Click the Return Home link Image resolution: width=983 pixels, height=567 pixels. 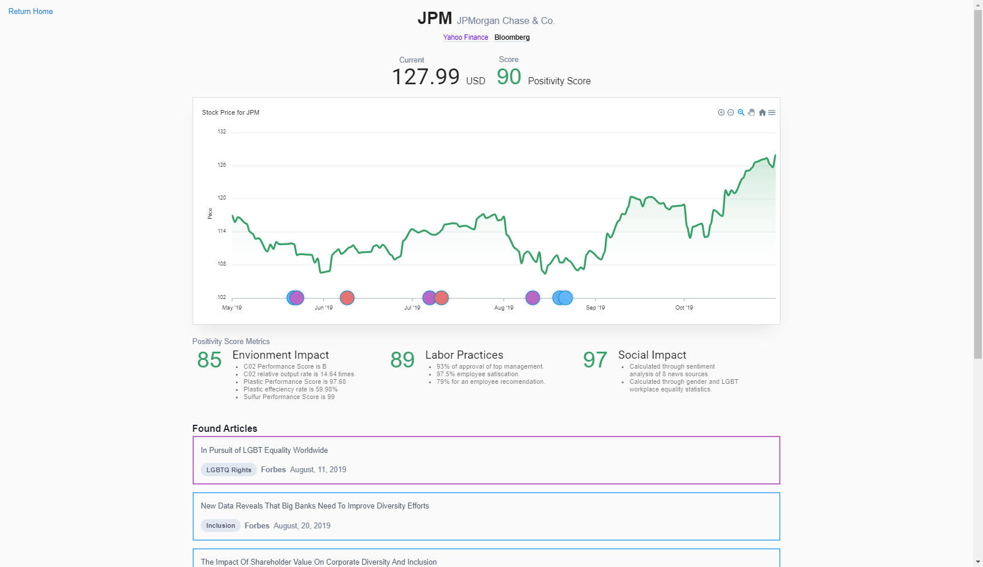pos(30,11)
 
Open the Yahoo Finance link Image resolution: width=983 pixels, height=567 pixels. pos(465,37)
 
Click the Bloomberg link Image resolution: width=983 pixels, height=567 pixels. pos(512,37)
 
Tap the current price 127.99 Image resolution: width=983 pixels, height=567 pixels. pos(426,77)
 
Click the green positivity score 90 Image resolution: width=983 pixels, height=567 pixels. pos(509,77)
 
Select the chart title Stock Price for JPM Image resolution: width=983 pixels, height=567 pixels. pos(231,112)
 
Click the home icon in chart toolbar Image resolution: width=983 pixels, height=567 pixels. pos(762,112)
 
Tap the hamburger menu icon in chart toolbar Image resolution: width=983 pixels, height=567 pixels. pos(772,112)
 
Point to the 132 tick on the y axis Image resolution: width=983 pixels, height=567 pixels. pos(222,132)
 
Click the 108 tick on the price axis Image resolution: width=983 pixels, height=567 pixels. pos(222,264)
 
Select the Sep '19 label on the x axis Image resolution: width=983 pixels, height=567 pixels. pos(595,308)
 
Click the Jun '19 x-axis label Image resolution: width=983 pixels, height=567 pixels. pos(324,308)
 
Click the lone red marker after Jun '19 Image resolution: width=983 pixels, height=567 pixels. pos(347,298)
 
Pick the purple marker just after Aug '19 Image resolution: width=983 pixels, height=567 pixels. pos(532,298)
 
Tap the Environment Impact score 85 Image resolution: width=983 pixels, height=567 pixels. pos(209,360)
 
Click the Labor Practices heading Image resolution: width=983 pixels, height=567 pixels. pos(464,355)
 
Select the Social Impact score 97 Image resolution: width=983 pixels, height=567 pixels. pos(595,360)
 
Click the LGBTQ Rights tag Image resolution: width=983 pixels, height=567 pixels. pos(229,470)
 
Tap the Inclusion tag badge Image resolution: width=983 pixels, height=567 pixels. pos(221,525)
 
